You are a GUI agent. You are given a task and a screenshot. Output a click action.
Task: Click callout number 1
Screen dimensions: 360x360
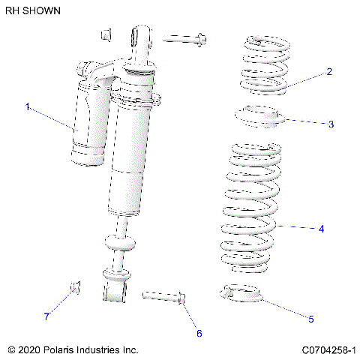28,107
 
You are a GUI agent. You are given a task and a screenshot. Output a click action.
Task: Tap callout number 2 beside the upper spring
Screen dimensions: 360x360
328,72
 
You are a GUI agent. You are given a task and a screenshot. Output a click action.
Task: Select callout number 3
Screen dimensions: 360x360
331,124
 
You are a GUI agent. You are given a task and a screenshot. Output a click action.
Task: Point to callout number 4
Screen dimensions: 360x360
321,228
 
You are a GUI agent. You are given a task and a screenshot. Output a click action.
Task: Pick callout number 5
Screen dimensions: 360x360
310,319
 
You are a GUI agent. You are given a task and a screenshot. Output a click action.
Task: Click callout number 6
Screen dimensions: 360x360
199,333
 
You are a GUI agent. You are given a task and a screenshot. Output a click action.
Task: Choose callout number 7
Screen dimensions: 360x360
46,316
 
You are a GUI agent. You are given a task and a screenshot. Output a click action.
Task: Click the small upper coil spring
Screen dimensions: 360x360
263,65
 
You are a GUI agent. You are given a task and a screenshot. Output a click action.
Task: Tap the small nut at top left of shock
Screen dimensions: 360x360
106,34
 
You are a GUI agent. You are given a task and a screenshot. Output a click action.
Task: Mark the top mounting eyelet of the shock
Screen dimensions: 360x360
140,37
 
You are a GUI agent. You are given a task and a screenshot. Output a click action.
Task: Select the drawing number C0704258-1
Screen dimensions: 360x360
328,349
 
